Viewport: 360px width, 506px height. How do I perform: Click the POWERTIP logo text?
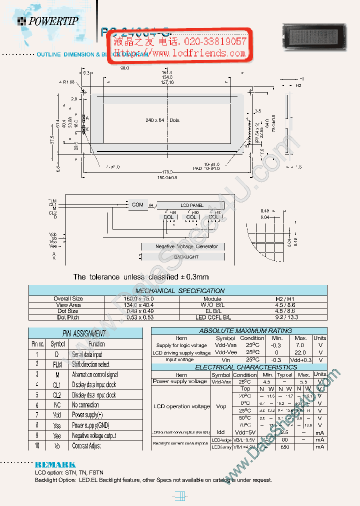coord(52,21)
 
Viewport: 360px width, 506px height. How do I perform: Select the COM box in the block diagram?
coord(138,205)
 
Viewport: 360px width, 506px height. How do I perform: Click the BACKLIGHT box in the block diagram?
coord(186,257)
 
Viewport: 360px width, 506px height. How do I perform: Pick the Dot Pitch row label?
coord(68,317)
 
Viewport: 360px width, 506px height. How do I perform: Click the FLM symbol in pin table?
coord(57,364)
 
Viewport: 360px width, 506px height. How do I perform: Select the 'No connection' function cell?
coord(85,405)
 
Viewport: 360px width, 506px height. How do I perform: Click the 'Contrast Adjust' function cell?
coord(86,445)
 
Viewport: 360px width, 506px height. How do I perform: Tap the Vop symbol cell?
coord(220,407)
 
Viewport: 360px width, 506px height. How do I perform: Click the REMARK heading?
coord(55,464)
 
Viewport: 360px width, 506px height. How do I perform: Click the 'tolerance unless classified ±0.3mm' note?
coord(141,277)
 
